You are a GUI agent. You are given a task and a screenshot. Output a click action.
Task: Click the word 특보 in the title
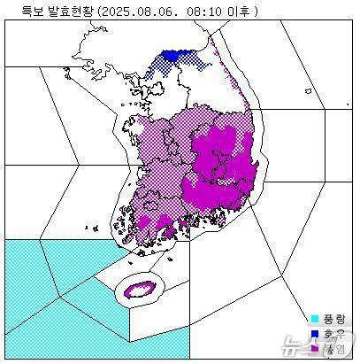tap(19, 11)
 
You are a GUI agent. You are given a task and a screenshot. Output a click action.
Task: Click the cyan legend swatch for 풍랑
tap(314, 318)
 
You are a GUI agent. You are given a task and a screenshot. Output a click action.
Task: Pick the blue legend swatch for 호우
tap(314, 334)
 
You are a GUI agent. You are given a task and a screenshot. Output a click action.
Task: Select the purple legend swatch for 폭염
tap(314, 349)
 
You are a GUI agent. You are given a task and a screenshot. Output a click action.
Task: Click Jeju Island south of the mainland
tap(140, 289)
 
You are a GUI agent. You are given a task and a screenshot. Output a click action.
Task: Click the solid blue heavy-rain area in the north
tap(171, 56)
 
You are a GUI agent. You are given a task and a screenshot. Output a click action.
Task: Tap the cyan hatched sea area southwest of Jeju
tap(53, 292)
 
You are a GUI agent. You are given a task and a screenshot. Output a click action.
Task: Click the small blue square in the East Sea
tap(306, 90)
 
